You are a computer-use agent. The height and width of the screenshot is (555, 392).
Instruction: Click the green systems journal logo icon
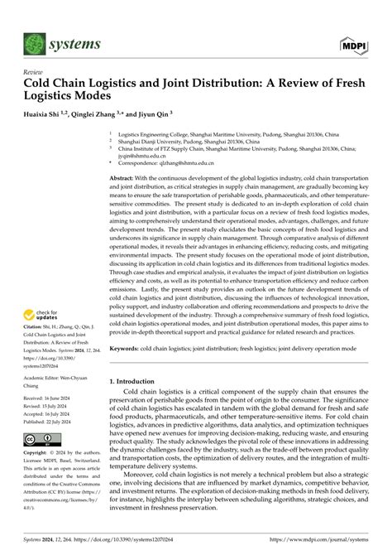36,42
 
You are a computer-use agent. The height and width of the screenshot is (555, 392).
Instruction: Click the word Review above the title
32,72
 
